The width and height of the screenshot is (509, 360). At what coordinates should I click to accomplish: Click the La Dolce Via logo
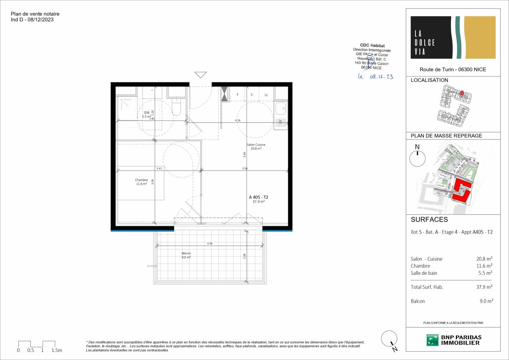[453, 38]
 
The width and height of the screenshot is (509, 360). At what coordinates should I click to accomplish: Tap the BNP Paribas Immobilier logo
[453, 340]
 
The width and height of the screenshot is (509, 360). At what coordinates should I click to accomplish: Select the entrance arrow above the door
[200, 75]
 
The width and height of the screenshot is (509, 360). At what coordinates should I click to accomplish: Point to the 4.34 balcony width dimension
[210, 243]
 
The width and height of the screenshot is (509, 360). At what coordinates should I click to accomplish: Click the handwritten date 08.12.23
[375, 77]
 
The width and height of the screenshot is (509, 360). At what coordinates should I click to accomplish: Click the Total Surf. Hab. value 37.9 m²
[484, 287]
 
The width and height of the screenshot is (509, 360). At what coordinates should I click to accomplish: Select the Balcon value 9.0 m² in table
[486, 301]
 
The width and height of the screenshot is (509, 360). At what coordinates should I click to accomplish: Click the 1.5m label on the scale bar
[57, 350]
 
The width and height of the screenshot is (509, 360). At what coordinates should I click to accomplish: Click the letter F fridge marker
[238, 95]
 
